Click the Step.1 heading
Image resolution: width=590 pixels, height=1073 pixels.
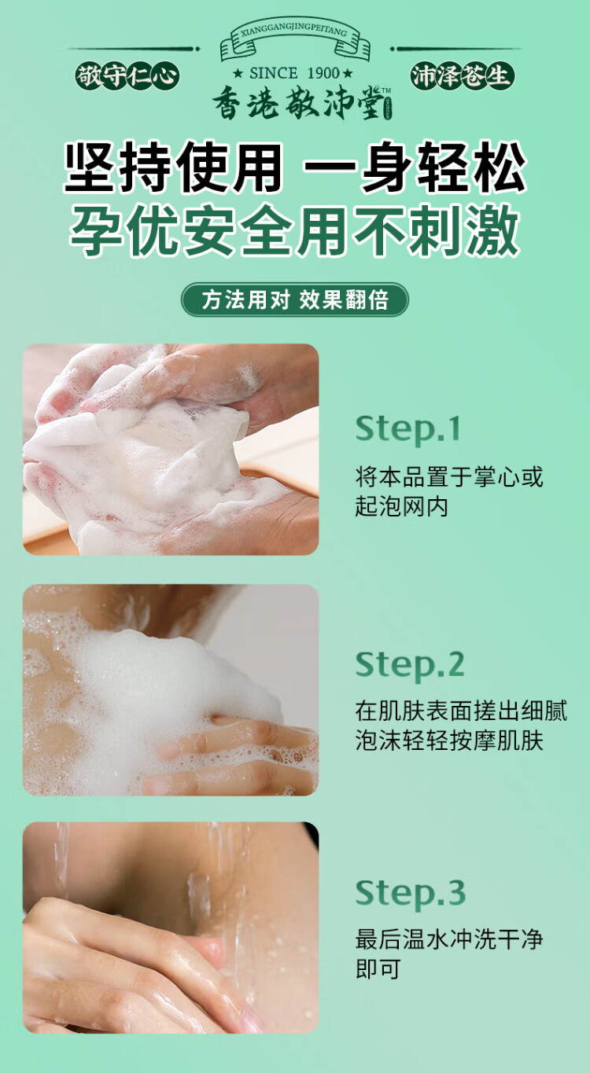pos(407,428)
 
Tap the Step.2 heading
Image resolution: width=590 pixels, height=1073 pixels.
pos(410,665)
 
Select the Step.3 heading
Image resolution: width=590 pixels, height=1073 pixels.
pos(411,893)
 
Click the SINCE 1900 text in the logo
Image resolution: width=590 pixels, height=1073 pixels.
pos(293,73)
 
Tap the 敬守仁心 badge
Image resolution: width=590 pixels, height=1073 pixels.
pos(127,76)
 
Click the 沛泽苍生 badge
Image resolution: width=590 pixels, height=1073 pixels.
pos(462,76)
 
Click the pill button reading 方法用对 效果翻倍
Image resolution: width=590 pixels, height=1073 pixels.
pos(295,299)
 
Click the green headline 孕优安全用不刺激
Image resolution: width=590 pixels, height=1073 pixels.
pos(295,230)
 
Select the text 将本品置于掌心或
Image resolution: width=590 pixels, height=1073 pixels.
pos(449,476)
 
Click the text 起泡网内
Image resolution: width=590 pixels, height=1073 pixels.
pos(402,506)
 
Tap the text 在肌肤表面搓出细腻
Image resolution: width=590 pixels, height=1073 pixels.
pos(461,711)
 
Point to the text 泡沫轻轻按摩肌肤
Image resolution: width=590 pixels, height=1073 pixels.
pos(449,740)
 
